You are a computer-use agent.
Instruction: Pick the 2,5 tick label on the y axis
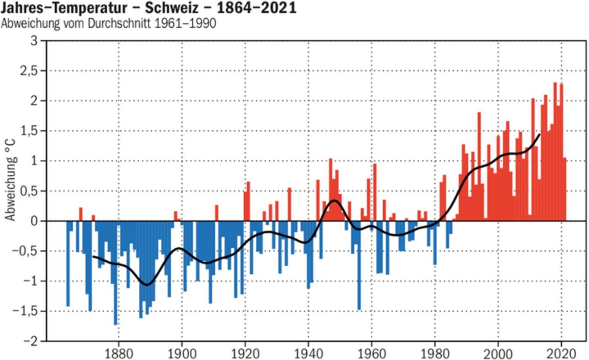(29, 71)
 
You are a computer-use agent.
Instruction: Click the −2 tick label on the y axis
(29, 341)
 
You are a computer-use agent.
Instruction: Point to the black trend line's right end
(539, 135)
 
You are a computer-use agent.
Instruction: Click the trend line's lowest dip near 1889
(147, 285)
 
